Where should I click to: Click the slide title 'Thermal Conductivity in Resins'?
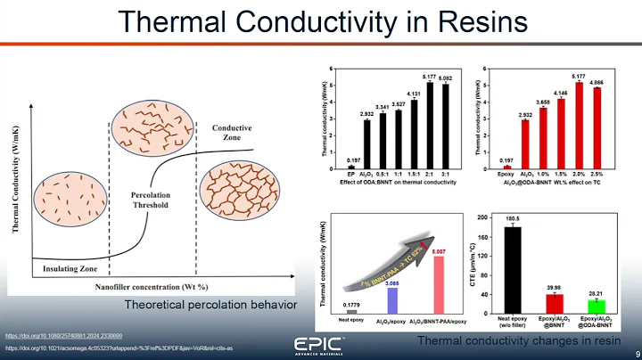[320, 21]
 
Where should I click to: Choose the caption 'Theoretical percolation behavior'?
[210, 306]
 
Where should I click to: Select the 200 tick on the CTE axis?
[482, 217]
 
